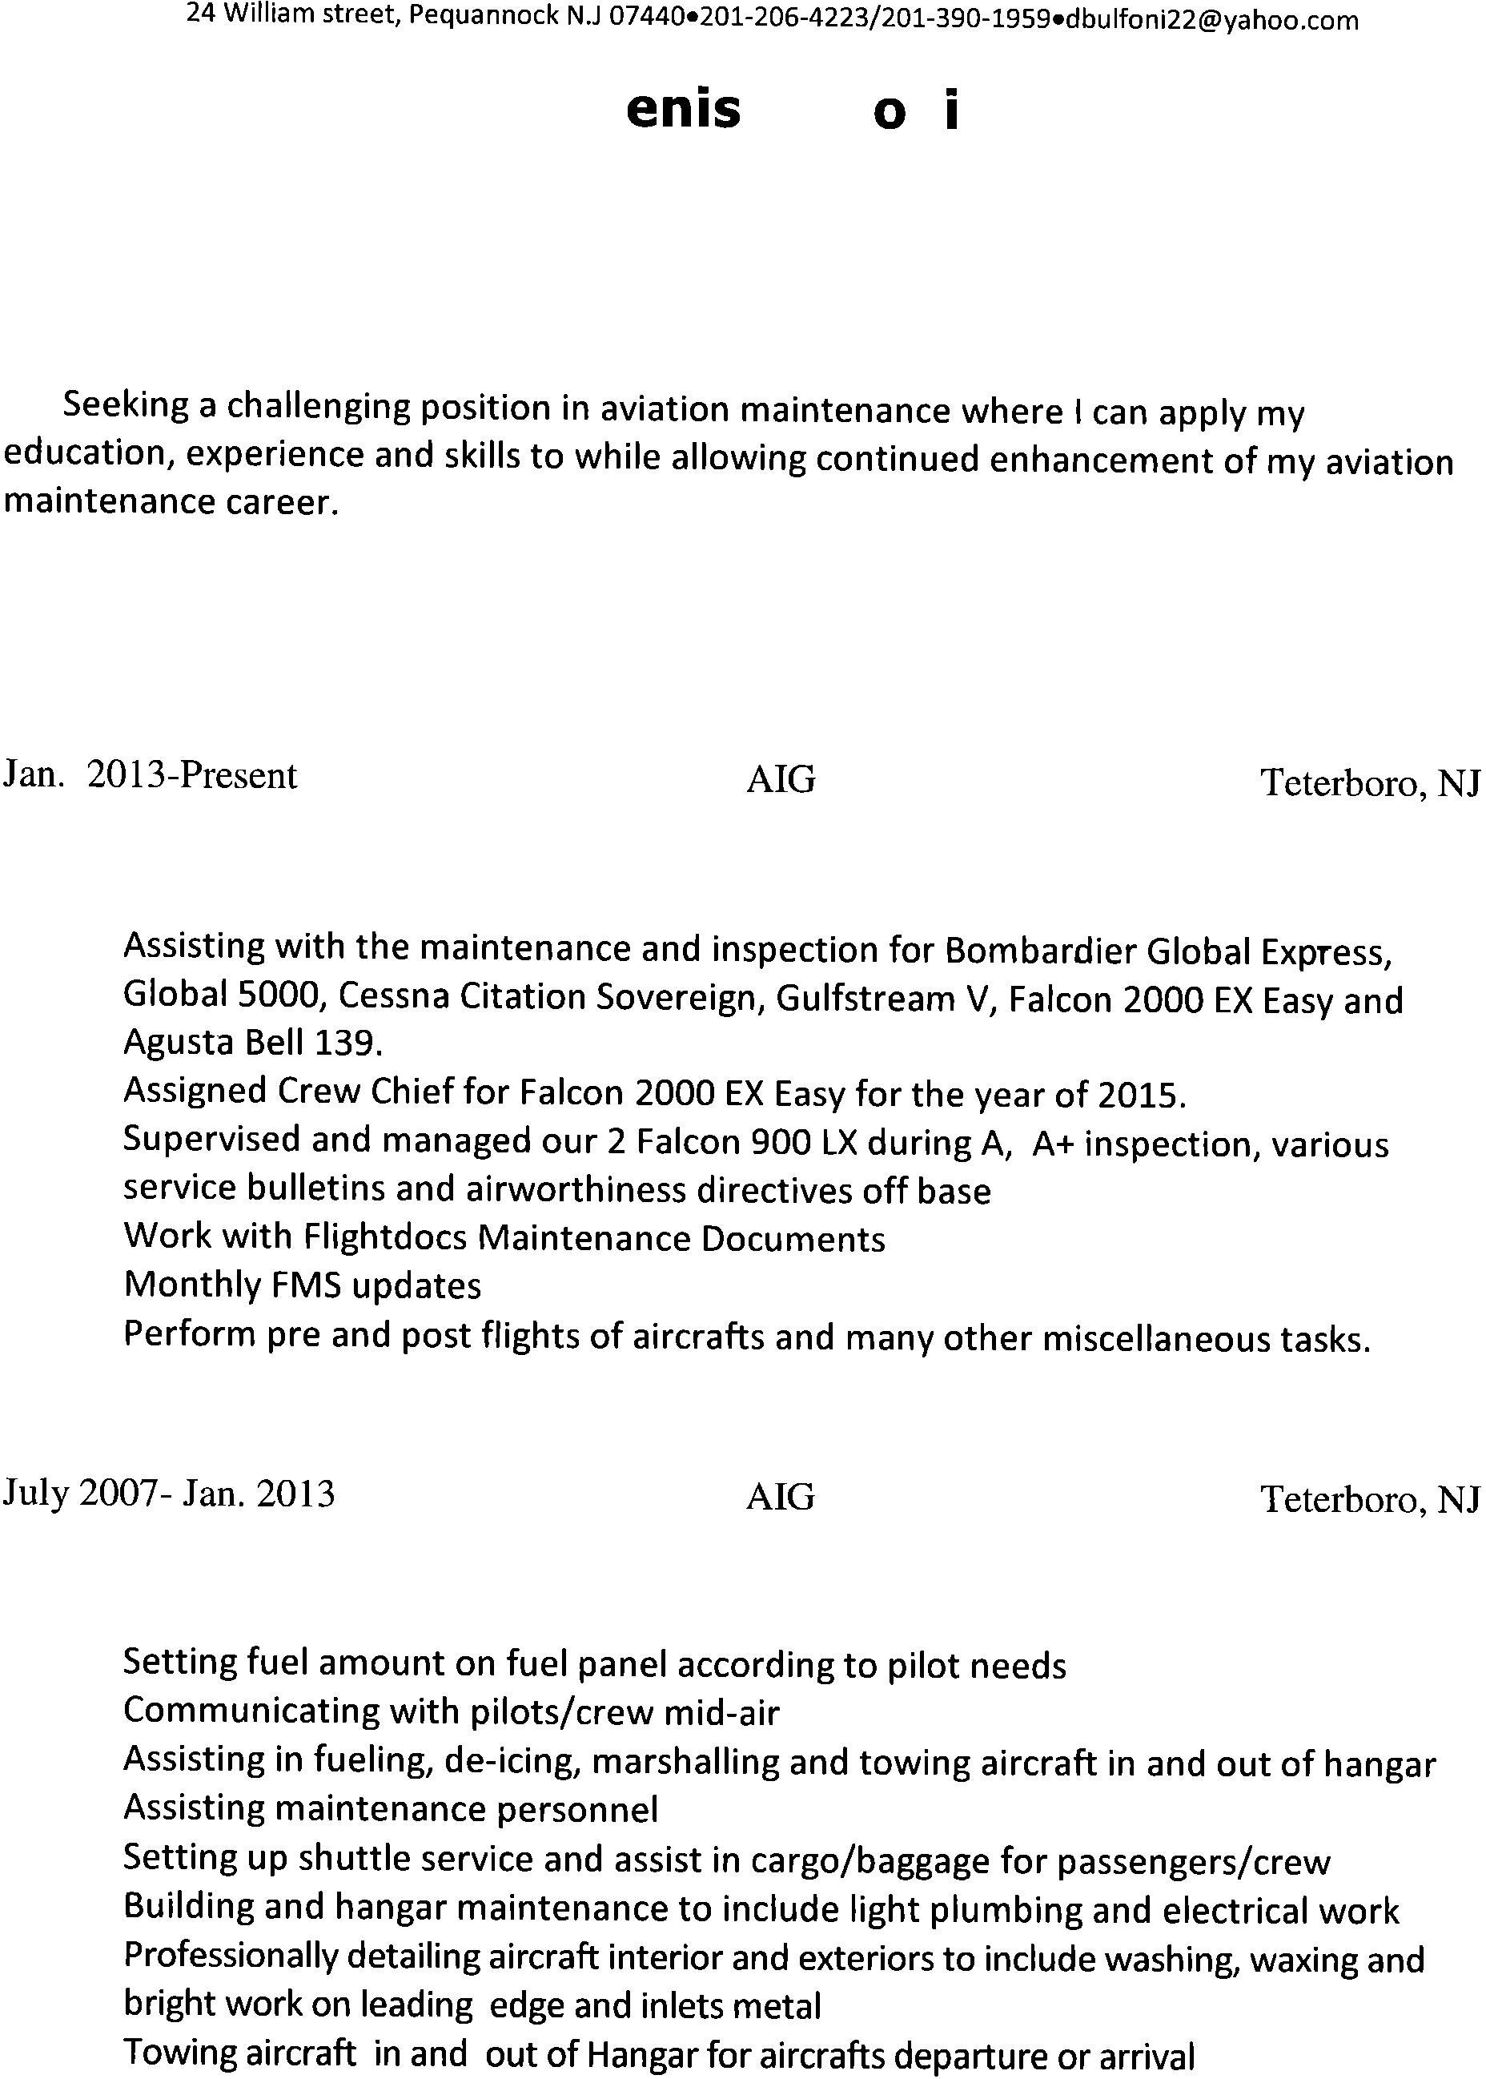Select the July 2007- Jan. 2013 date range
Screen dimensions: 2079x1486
coord(168,1494)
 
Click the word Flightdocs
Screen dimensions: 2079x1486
coord(384,1238)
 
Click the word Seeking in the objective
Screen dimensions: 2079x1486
coord(127,405)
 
